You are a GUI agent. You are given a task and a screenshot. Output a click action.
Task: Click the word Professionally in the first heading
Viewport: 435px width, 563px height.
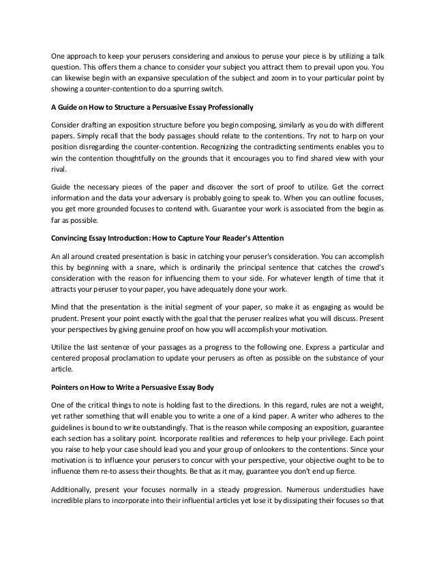point(227,107)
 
